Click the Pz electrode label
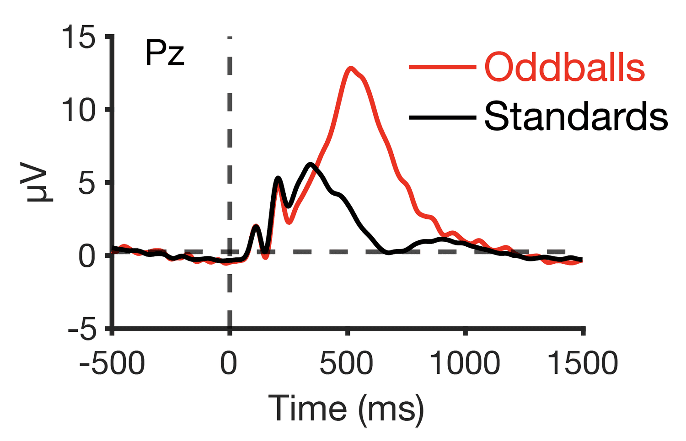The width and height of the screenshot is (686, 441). (x=165, y=54)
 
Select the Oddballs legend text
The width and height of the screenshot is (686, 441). (x=564, y=68)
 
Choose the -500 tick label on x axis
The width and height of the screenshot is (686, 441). (x=112, y=364)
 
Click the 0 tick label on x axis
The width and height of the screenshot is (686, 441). (x=229, y=364)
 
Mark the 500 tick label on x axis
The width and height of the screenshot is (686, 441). (x=346, y=364)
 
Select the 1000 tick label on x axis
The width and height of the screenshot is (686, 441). (x=465, y=364)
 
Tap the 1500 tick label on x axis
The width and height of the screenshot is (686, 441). (x=582, y=364)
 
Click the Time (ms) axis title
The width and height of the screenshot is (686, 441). (x=346, y=408)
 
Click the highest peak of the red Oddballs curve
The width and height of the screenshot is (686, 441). (x=351, y=68)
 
